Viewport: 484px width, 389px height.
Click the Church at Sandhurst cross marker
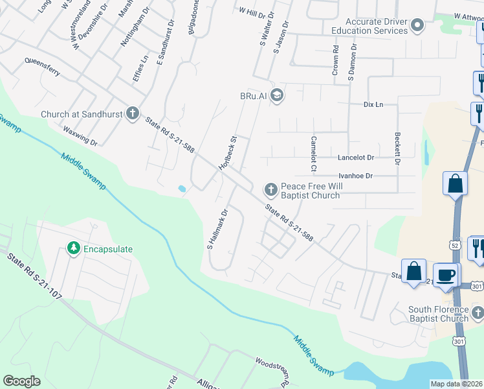133,114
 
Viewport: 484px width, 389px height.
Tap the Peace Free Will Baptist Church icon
270,190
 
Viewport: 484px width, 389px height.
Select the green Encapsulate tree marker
74,248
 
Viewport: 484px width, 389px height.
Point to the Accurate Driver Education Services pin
417,26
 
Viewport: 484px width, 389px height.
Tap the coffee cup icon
446,275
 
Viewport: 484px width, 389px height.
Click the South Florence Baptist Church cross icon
478,314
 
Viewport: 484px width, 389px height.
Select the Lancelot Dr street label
356,158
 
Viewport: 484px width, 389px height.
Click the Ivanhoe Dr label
356,176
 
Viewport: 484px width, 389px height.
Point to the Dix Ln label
373,104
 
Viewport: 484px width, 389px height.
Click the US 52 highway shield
455,244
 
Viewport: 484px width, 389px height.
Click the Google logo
21,381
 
